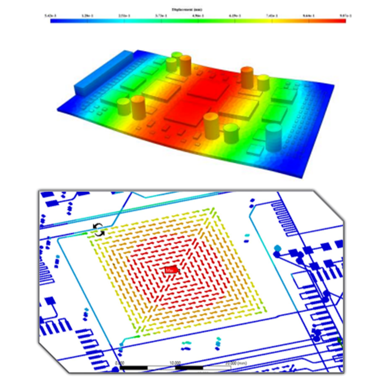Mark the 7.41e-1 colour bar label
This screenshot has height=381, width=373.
tap(271, 16)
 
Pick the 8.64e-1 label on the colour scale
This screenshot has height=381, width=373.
tap(308, 16)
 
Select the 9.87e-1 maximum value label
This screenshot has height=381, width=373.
tap(345, 16)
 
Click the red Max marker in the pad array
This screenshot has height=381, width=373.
tap(170, 270)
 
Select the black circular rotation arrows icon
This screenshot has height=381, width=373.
tap(98, 229)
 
